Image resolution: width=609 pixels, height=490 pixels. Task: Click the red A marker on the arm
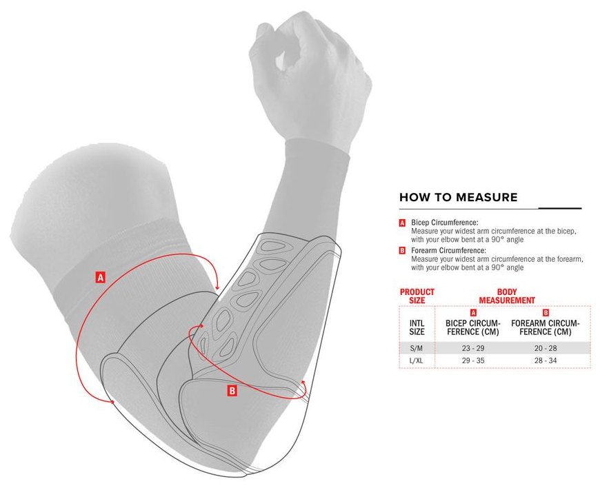(x=101, y=278)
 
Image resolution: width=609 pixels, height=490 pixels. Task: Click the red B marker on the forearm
(x=232, y=391)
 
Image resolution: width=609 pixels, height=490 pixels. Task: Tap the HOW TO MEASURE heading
(x=459, y=197)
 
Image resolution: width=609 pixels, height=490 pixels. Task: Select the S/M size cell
(x=417, y=348)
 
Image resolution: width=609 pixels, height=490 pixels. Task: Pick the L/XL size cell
(x=417, y=360)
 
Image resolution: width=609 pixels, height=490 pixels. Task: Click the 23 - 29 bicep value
(x=473, y=348)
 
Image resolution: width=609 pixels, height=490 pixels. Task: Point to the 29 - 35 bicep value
(x=473, y=360)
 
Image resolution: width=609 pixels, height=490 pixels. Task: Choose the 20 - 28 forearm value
(x=546, y=348)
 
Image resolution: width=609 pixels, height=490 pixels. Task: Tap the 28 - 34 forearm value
(x=546, y=360)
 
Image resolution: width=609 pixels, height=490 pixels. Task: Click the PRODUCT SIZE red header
(x=417, y=296)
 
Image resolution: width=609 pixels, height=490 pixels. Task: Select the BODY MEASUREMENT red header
(x=507, y=296)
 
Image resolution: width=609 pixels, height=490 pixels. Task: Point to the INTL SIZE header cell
(x=417, y=327)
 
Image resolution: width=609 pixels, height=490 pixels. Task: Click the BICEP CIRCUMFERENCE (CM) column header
(x=473, y=327)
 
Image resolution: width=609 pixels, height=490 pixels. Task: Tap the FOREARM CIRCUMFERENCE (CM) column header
(x=546, y=327)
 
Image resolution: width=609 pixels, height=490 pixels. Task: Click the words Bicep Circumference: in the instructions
(x=444, y=223)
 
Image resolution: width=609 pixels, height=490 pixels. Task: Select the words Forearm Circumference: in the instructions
(x=448, y=251)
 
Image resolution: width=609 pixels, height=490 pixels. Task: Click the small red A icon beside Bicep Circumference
(x=402, y=223)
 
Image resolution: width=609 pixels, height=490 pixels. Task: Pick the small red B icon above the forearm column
(x=546, y=313)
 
